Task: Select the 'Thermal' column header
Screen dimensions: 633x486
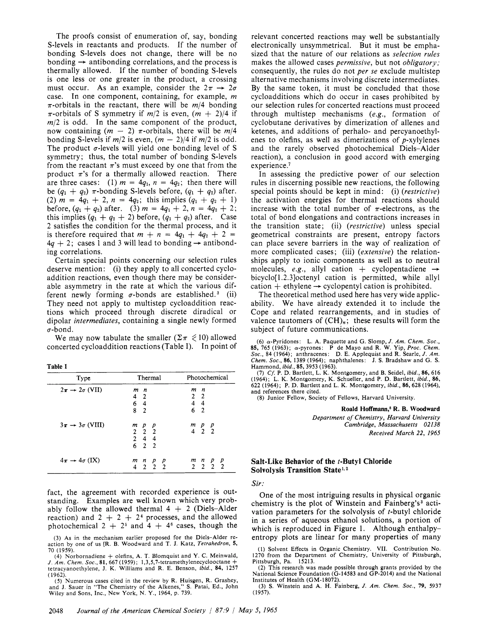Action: click(x=149, y=378)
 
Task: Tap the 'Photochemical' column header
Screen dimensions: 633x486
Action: click(x=207, y=378)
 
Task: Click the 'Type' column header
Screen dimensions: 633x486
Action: click(x=83, y=378)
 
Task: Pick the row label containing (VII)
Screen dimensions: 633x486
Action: click(x=81, y=390)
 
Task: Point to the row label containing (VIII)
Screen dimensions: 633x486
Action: click(x=82, y=425)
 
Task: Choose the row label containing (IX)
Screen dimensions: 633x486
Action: click(x=79, y=460)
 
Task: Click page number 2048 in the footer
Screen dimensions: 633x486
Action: click(x=56, y=611)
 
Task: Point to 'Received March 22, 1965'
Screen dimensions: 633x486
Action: click(x=404, y=433)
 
